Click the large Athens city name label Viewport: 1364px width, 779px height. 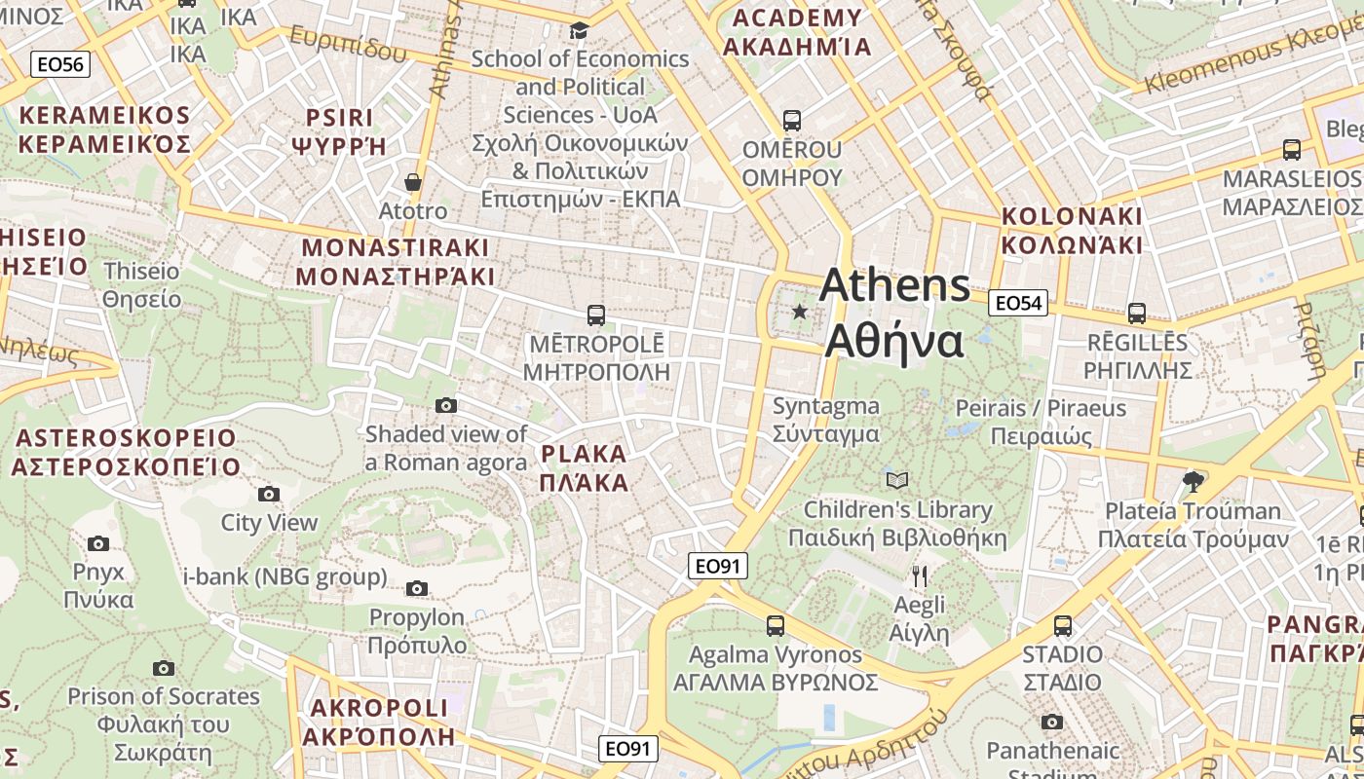894,314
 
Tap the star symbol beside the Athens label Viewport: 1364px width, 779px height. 800,312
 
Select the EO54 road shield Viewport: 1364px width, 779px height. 1017,303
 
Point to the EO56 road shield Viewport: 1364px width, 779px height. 60,64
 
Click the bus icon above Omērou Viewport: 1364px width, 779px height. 792,121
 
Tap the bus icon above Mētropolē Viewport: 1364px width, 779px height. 596,315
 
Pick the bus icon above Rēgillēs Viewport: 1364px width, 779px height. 1137,314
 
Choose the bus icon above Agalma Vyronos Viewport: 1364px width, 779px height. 776,625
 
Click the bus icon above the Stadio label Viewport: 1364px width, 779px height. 1063,625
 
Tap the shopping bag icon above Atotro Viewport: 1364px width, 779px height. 413,182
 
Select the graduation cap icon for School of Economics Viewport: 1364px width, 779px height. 580,31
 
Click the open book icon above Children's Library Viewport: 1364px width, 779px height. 897,480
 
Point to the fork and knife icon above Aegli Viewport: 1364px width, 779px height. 920,575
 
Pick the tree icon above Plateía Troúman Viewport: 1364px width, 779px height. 1193,481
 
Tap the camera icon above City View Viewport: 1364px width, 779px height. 269,494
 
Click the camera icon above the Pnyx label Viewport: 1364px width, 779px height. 98,543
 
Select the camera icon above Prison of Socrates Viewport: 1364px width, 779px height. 164,668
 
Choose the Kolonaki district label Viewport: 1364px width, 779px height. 1072,230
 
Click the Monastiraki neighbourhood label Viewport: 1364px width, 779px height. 396,262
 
